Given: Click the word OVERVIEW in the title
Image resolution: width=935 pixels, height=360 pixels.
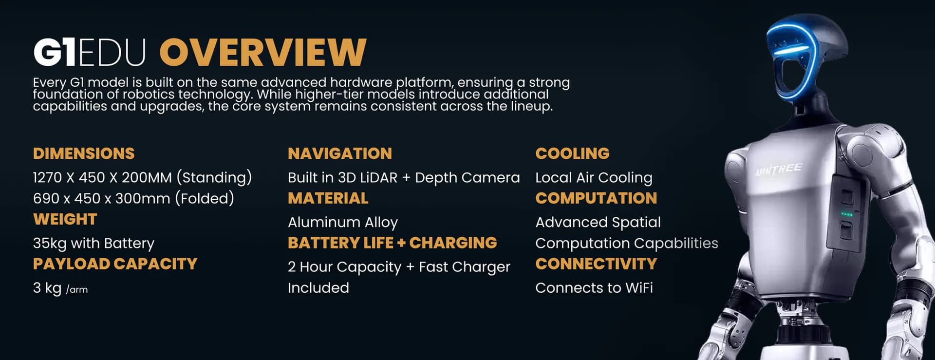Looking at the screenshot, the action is (263, 52).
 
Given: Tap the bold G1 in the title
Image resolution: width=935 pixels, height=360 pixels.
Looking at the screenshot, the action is (55, 52).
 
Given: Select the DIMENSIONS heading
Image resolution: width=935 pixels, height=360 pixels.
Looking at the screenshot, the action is (84, 153).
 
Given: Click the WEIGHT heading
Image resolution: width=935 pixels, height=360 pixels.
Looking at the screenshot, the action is (65, 219).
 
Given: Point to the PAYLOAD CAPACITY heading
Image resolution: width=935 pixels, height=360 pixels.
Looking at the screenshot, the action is (115, 264).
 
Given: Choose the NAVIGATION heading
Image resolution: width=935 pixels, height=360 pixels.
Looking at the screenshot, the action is (340, 153).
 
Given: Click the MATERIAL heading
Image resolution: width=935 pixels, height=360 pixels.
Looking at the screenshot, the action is (328, 198).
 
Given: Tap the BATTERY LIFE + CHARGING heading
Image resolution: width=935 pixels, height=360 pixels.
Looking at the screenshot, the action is (393, 243).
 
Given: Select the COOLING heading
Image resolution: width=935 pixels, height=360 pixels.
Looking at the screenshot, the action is (572, 153).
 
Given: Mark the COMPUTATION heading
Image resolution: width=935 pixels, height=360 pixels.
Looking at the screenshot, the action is (596, 198).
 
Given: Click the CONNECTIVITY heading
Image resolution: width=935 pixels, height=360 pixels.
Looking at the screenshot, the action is (596, 264).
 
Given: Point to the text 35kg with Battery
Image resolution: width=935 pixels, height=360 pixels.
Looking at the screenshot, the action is (93, 243).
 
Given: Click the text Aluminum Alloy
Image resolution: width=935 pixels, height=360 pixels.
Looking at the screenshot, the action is (343, 223).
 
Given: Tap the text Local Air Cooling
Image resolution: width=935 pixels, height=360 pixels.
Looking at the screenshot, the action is (594, 178).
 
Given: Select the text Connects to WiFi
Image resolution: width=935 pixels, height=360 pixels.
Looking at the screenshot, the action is (594, 288).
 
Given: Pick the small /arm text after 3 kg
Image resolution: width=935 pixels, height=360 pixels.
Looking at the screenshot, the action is (77, 289).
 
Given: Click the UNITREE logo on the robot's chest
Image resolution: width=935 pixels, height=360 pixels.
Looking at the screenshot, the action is (779, 170).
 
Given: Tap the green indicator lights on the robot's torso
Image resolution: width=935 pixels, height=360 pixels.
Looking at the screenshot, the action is (847, 214).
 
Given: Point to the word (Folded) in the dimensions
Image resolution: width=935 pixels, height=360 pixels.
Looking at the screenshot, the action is (205, 199).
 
